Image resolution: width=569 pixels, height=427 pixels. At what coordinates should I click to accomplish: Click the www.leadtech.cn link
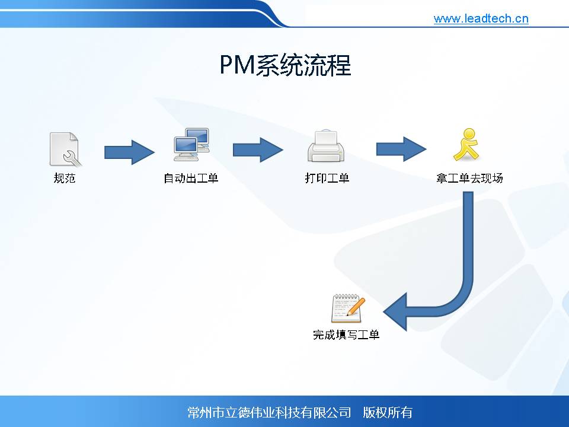coord(481,18)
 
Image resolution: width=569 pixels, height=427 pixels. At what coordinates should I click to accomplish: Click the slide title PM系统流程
coord(285,65)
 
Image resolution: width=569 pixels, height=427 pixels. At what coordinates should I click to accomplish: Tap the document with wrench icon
coord(65,149)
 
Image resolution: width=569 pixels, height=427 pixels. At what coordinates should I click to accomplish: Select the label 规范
coord(65,178)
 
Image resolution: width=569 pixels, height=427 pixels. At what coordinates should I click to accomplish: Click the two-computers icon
coord(191,145)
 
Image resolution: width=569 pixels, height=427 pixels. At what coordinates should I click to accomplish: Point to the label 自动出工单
coord(191,178)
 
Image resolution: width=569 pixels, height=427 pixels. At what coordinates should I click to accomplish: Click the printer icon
coord(326,146)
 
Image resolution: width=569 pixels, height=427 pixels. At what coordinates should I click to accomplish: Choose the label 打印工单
coord(327,178)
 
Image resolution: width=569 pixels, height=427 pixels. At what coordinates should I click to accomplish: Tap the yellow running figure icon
coord(466,144)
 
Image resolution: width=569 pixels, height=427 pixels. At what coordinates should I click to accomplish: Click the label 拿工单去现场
coord(469,178)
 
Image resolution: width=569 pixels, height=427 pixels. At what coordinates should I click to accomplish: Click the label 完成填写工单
coord(346,334)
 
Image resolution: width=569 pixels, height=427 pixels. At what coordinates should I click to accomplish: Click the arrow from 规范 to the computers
coord(129,152)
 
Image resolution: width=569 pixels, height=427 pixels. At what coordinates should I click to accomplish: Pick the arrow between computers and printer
coord(258,149)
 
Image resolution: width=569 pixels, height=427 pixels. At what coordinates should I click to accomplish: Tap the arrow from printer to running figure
coord(401,149)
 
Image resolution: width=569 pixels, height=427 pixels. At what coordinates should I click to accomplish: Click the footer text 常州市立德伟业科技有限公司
coord(269,413)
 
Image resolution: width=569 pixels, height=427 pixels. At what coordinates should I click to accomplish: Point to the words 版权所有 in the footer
coord(388,413)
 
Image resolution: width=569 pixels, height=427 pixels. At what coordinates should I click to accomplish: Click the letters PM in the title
coord(237,65)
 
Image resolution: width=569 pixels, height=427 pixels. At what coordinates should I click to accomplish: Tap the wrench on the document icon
coord(71,158)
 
